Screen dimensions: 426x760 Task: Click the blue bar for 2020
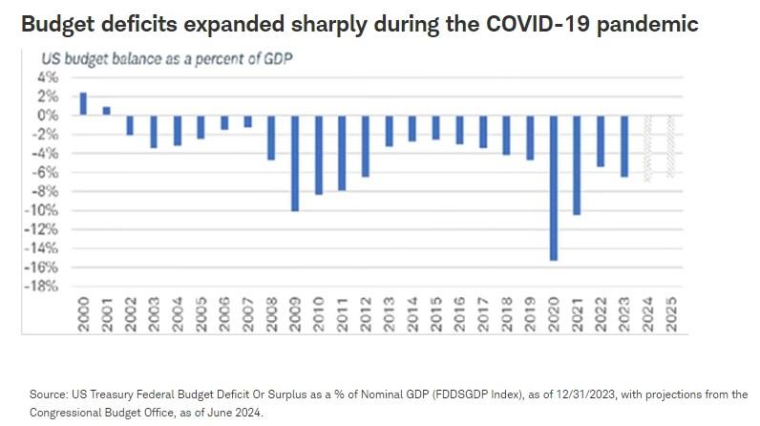point(554,187)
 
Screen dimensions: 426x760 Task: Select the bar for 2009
point(295,162)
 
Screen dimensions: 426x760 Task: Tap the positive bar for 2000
point(83,104)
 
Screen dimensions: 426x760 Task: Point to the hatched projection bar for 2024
point(648,148)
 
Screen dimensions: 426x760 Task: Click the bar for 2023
point(624,145)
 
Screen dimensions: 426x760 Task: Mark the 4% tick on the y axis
point(45,76)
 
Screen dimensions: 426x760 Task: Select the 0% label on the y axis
point(45,115)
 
